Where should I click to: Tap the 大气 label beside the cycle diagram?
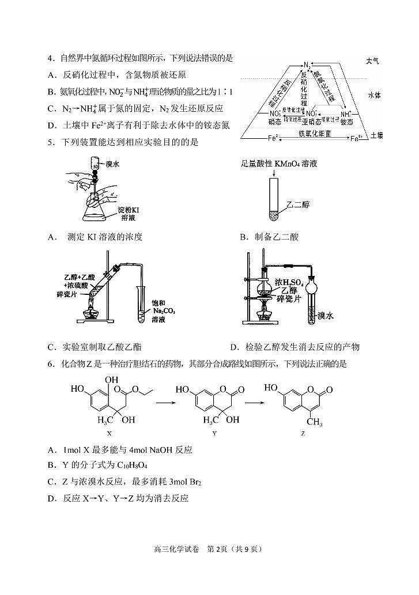click(372, 61)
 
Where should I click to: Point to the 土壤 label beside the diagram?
click(376, 135)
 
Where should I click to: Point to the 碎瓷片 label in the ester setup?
click(77, 294)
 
